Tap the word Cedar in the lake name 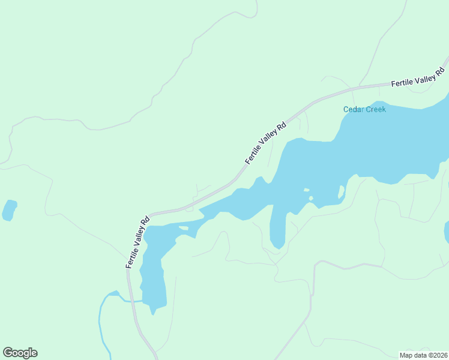354,109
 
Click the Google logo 20,353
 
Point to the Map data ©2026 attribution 423,355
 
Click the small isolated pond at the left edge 9,210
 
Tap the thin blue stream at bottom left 100,324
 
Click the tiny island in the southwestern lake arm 184,228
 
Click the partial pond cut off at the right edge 447,232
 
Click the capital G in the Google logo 7,353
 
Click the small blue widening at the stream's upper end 112,293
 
